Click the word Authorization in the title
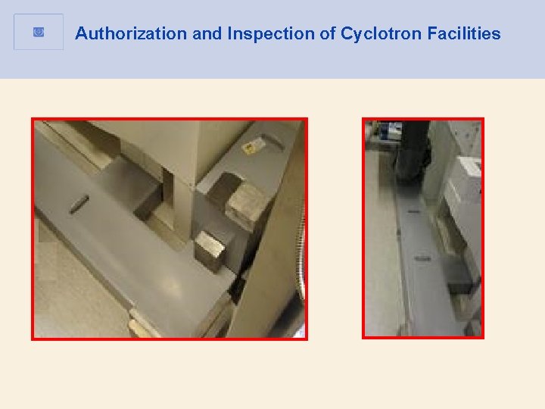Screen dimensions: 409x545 point(120,34)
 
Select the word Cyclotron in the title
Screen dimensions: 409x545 point(376,34)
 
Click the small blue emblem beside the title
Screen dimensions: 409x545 point(39,33)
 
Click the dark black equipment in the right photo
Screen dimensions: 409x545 point(413,151)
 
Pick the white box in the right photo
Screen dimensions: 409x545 point(464,189)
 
